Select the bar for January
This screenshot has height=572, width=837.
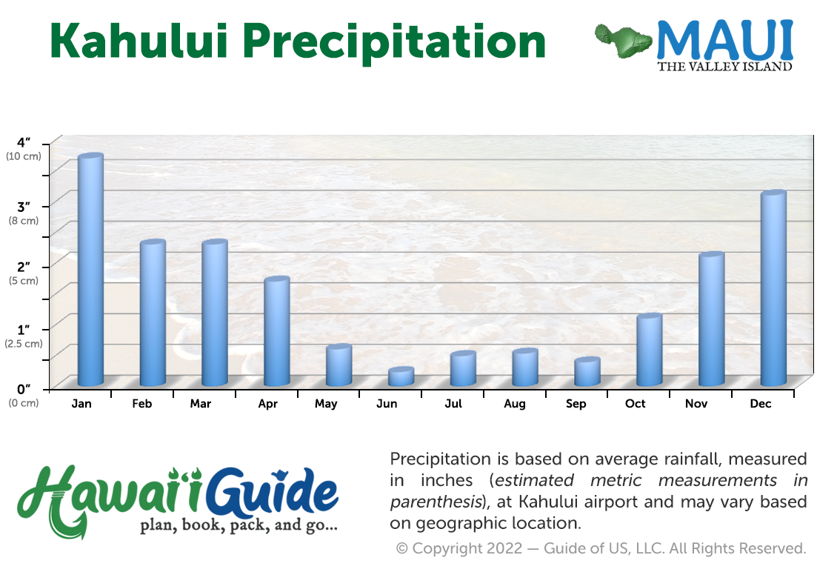91,270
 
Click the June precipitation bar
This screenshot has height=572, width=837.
401,376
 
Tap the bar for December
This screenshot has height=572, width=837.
773,288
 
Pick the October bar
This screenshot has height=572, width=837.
649,350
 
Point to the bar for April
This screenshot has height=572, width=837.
277,331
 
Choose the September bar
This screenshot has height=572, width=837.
587,372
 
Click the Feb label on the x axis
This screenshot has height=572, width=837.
142,404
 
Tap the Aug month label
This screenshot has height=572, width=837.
515,405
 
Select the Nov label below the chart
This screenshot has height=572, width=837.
696,404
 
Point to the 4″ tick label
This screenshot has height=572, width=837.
24,142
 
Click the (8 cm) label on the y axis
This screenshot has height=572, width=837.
24,221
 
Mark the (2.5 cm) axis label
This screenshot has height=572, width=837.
24,343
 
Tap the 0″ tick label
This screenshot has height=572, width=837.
24,389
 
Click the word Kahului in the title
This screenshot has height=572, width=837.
139,41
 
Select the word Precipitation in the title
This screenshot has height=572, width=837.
395,43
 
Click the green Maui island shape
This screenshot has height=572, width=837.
623,41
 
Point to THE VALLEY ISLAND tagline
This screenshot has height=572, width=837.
725,67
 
